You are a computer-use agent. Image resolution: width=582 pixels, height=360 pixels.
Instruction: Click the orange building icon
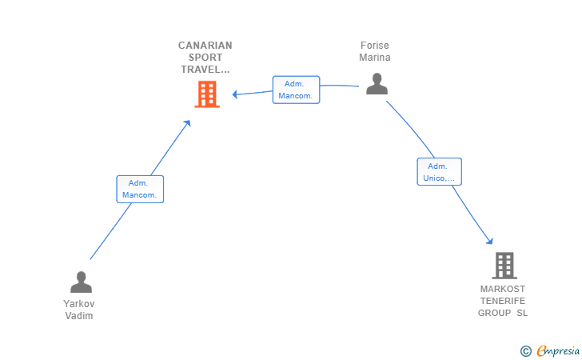pos(207,94)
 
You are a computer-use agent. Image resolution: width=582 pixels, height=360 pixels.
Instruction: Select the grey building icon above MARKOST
pos(504,266)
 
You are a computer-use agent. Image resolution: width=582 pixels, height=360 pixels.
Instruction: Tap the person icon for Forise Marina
pos(377,84)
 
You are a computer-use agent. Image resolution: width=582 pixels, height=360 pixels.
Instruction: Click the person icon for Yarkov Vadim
pos(81,282)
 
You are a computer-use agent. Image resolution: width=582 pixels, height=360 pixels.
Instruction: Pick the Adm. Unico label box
pos(440,172)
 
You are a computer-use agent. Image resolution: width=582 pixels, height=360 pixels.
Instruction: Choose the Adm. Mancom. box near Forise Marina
pos(296,90)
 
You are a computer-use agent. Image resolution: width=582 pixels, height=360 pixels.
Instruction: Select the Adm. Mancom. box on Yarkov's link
pos(140,189)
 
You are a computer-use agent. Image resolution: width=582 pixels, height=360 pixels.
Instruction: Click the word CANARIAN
pos(205,46)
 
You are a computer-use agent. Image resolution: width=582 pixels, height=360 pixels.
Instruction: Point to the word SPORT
pos(205,58)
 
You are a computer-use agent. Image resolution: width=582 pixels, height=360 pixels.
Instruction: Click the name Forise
pos(375,46)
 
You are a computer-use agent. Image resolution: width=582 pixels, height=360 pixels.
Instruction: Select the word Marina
pos(375,58)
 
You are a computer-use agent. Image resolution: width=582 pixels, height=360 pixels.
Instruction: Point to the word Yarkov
pos(79,304)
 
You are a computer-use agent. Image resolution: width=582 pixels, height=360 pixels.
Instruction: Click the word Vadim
pos(79,316)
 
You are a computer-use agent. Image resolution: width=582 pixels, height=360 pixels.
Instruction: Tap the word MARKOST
pos(503,289)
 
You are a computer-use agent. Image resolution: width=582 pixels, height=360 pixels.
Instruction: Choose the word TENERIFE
pos(503,301)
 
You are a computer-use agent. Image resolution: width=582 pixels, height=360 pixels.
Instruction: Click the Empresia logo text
pos(558,350)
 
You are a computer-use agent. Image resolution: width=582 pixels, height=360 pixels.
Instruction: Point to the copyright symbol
pos(525,351)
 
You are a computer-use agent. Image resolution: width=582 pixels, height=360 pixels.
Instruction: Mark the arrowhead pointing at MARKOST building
pos(490,241)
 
